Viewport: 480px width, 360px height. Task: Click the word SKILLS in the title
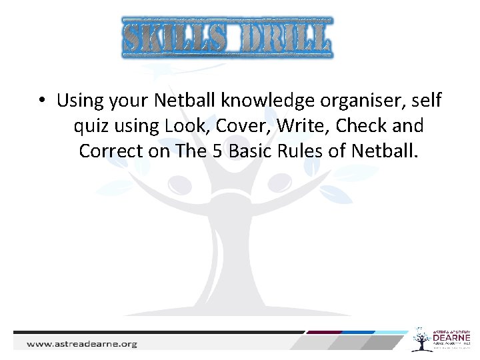click(174, 38)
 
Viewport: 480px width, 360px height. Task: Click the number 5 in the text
click(217, 151)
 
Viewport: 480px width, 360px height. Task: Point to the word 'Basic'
click(249, 151)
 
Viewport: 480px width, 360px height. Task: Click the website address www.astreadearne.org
click(82, 344)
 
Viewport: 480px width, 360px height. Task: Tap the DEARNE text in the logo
click(452, 339)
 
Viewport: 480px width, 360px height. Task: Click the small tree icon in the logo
click(421, 339)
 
